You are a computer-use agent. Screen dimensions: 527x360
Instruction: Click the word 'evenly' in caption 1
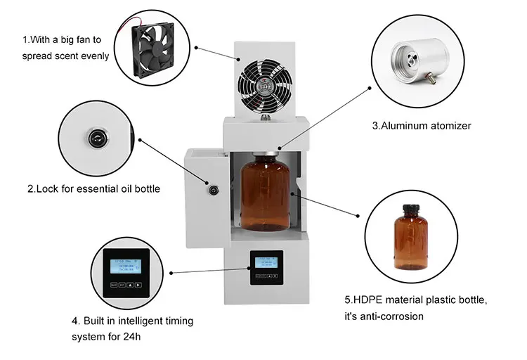(95, 56)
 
